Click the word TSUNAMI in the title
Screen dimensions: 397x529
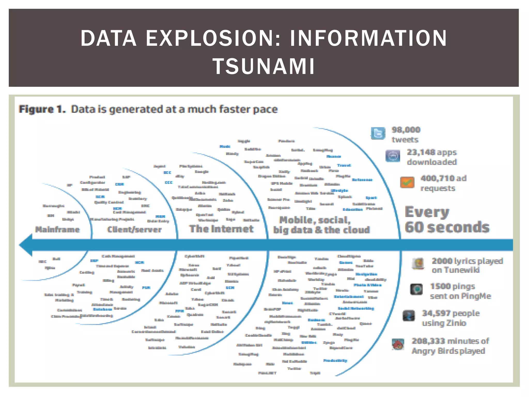tap(264, 66)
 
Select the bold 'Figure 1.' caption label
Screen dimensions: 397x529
tap(42, 109)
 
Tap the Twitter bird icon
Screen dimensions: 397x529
tap(378, 133)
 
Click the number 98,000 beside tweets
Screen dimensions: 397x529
tap(406, 130)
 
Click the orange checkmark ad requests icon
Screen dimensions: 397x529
tap(407, 182)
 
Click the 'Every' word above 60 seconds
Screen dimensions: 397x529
tap(427, 212)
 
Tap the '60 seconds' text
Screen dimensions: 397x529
tap(447, 227)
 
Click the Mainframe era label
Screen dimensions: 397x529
tap(57, 230)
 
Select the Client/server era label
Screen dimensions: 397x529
tap(134, 230)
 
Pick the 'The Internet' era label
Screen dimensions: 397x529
tap(221, 229)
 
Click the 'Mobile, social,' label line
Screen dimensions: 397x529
tap(315, 220)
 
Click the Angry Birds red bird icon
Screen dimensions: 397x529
tap(398, 345)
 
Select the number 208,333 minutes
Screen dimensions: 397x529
tap(428, 341)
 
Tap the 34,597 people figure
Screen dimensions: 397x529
tap(436, 314)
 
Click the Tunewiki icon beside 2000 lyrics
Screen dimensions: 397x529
tap(418, 264)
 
